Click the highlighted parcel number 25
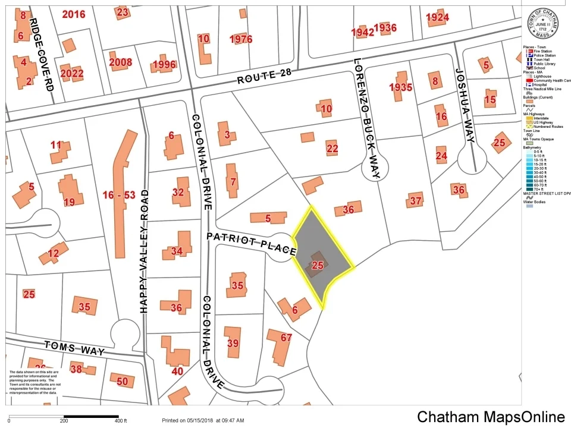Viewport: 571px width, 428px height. [318, 265]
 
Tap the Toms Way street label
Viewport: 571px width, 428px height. [75, 348]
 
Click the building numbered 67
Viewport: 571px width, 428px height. [286, 338]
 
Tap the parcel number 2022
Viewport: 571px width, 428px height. [72, 74]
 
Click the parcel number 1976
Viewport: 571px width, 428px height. [241, 39]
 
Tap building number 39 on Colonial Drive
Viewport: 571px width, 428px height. [233, 343]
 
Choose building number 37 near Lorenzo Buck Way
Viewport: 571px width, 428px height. [415, 201]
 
